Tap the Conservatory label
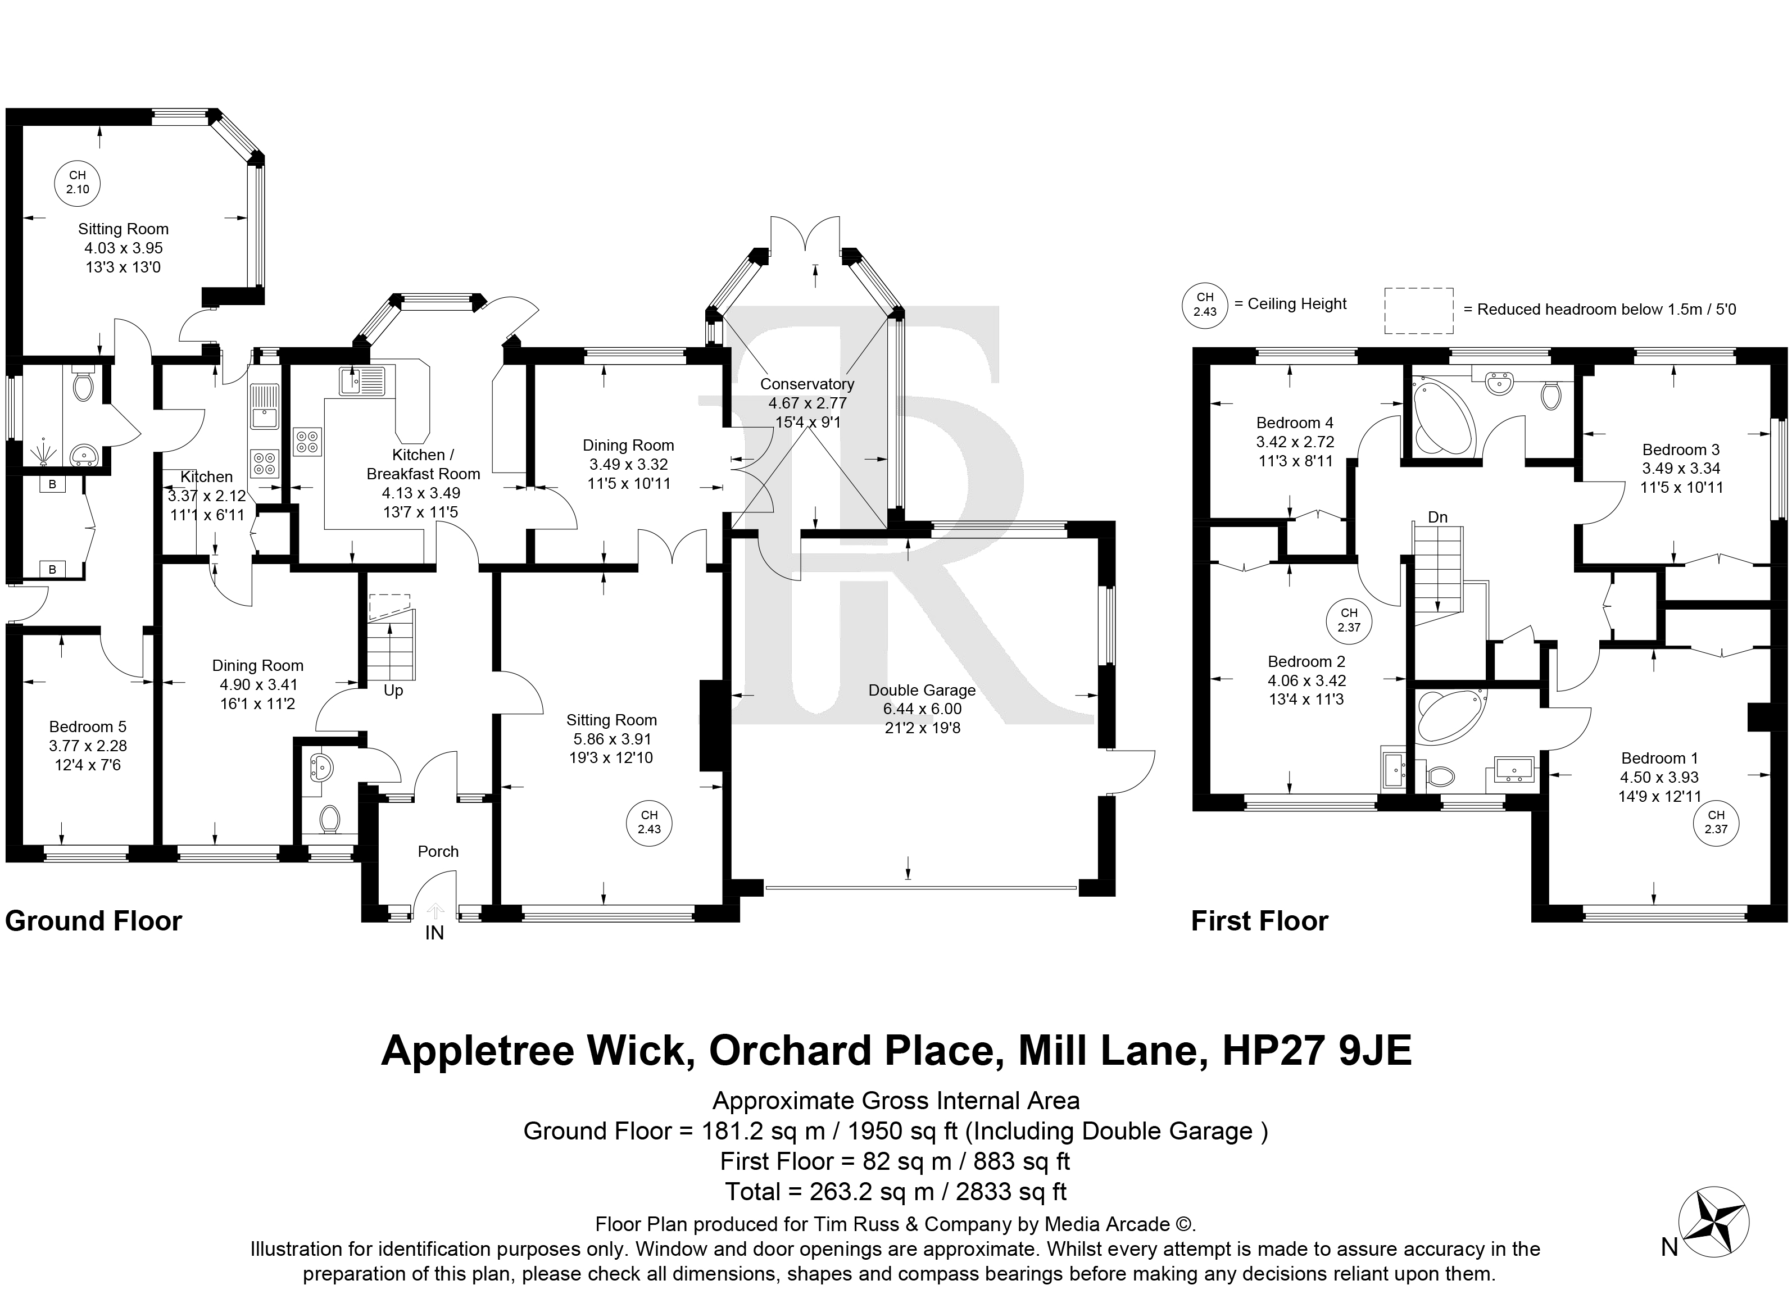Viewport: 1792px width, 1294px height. [807, 384]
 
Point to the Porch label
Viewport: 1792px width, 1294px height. [438, 851]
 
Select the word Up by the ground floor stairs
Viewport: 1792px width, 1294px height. [393, 691]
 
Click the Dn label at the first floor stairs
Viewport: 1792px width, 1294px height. [1437, 517]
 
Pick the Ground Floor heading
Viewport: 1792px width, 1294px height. [93, 921]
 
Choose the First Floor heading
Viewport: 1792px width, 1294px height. [1259, 921]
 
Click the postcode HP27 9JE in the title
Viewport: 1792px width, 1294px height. [1317, 1051]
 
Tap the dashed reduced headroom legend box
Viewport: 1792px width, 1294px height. [1418, 311]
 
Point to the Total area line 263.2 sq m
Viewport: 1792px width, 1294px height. [896, 1191]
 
